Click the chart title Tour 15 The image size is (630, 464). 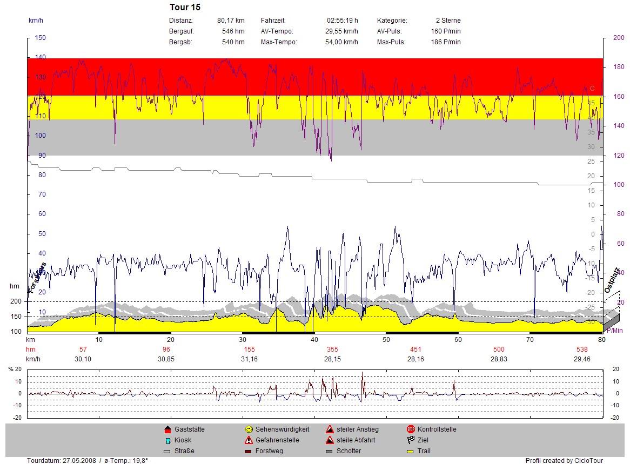[185, 8]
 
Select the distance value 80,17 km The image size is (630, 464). [231, 21]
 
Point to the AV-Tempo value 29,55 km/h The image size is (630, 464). [341, 31]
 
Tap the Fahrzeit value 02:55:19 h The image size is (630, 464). [342, 21]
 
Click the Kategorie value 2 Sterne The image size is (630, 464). [448, 21]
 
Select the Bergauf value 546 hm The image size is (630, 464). [233, 31]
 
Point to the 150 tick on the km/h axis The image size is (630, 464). [41, 38]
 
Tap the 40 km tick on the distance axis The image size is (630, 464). [314, 340]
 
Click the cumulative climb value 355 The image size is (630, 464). [332, 349]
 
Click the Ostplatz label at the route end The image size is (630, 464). [613, 281]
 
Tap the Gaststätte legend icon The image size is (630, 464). [167, 429]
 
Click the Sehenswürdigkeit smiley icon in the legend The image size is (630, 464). [249, 429]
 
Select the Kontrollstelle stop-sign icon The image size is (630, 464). [411, 429]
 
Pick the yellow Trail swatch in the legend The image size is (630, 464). [411, 451]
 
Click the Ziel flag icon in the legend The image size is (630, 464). [411, 440]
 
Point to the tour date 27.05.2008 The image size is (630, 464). [79, 461]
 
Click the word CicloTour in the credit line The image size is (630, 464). [588, 461]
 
